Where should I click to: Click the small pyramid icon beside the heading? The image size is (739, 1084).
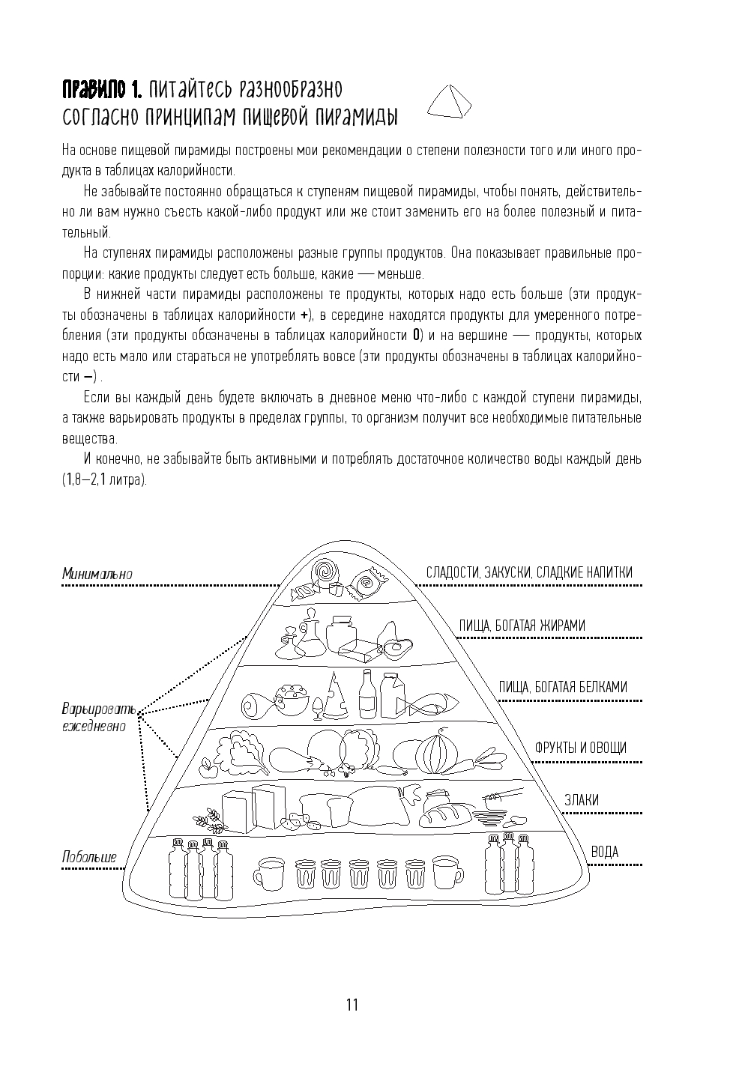449,101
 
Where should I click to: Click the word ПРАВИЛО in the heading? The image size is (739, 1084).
96,91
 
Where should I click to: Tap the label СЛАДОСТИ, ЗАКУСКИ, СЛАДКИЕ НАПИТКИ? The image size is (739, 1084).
529,572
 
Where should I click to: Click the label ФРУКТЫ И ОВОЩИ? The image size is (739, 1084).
580,748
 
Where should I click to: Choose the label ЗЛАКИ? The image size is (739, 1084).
582,800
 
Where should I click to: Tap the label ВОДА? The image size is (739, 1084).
604,852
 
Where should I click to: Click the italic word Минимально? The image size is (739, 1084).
97,574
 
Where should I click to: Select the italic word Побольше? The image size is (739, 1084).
89,856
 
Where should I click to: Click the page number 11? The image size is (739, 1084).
352,1005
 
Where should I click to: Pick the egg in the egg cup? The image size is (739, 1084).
318,706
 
